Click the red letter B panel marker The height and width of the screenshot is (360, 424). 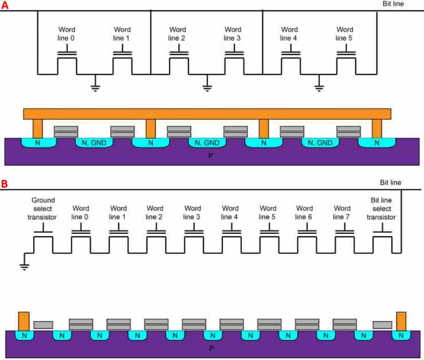(5, 184)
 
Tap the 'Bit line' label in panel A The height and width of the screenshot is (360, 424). (394, 4)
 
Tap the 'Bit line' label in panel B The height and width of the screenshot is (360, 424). (391, 183)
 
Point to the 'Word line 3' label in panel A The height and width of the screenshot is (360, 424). (233, 34)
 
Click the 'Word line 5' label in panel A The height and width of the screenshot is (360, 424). (345, 34)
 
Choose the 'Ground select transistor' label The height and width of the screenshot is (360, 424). (44, 208)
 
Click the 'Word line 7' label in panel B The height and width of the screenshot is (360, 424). (343, 212)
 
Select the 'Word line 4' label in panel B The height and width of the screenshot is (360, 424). (230, 212)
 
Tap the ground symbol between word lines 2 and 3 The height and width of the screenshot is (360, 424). (206, 88)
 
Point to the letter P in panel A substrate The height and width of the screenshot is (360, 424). (207, 155)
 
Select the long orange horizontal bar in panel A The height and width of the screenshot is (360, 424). (207, 114)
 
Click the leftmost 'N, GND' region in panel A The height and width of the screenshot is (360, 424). (94, 143)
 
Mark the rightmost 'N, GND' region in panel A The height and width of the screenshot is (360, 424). (320, 143)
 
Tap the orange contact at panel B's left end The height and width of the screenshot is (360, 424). (23, 320)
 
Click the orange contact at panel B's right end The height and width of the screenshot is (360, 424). (401, 320)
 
